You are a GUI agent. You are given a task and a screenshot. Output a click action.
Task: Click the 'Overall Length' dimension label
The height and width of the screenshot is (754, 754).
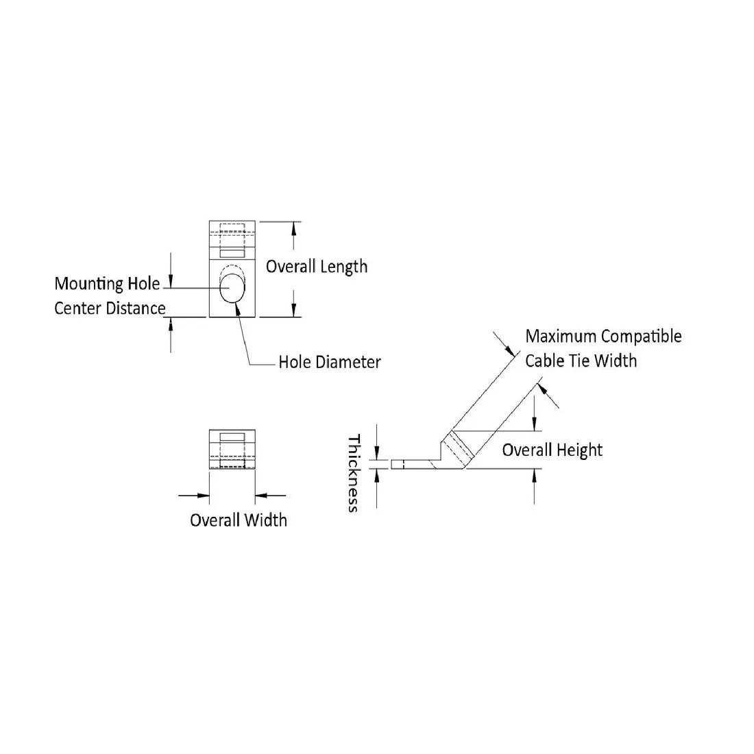(x=316, y=267)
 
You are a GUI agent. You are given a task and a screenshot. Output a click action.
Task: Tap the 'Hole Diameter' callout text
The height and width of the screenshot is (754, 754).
(x=329, y=362)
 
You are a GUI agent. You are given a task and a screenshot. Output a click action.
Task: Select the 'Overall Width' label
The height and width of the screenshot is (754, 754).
(x=238, y=520)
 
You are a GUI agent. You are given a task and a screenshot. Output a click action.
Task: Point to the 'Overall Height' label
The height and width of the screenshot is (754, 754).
(x=552, y=450)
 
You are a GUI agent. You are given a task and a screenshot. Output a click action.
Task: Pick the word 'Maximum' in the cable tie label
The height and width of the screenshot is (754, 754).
(x=561, y=337)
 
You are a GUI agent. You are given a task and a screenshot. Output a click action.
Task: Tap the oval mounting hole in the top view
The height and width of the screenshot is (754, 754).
(x=232, y=288)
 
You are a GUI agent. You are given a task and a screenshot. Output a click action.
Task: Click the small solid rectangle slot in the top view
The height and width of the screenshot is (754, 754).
(x=232, y=254)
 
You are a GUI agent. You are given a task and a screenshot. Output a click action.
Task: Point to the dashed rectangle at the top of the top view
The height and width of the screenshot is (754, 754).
(x=232, y=229)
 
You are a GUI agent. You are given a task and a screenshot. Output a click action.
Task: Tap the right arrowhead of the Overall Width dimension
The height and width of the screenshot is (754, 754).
(x=260, y=494)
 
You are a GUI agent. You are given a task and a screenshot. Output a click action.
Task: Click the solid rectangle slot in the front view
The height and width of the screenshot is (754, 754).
(x=232, y=437)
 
